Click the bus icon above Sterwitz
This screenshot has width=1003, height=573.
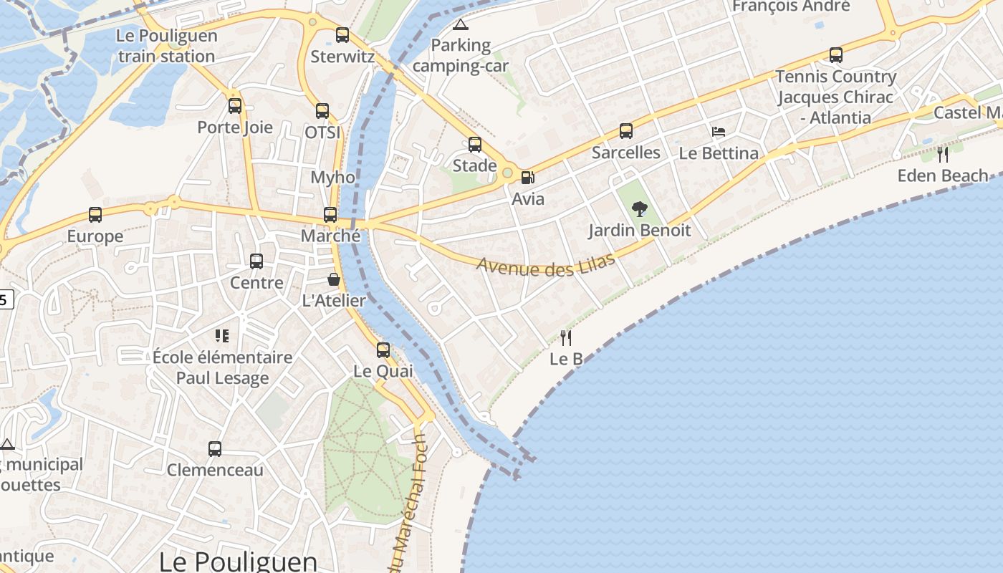(342, 34)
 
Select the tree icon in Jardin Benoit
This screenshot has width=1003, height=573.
(640, 209)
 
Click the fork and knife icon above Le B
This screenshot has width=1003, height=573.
(566, 337)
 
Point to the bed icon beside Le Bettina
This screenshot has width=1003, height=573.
(719, 132)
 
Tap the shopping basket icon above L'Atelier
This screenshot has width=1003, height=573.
(334, 279)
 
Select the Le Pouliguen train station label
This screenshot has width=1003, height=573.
(166, 47)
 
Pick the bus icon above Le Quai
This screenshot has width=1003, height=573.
(383, 350)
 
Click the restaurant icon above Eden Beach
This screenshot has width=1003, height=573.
(943, 154)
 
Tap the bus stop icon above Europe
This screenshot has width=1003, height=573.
(95, 214)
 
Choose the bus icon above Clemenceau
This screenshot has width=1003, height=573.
(215, 449)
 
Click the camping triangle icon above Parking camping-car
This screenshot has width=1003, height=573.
(460, 25)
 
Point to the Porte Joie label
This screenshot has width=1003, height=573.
(235, 127)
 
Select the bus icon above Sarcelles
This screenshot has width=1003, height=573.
(626, 131)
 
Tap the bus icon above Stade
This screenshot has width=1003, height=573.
(475, 145)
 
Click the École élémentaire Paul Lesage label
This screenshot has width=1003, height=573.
(223, 367)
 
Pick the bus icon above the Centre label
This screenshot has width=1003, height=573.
(256, 261)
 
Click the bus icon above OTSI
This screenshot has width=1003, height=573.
(322, 111)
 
